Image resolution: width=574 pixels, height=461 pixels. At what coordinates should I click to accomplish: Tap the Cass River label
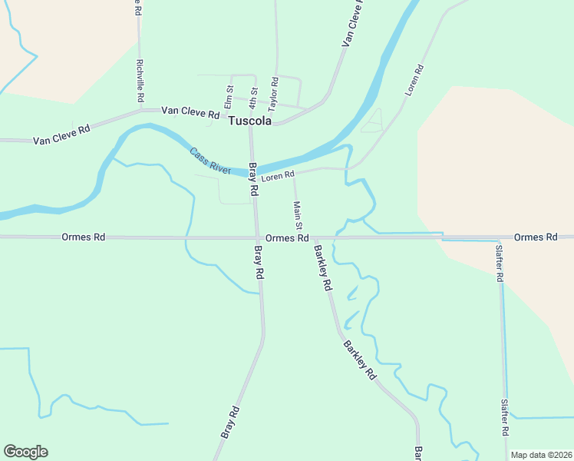coord(210,160)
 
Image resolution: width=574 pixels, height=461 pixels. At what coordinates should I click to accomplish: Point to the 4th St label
coord(253,97)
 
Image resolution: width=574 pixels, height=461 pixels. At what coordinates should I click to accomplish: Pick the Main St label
coord(298,214)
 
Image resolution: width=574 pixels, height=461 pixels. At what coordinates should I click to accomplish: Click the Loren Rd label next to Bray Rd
coord(278,176)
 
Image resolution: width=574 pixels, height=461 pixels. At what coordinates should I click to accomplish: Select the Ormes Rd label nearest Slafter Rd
coord(535,237)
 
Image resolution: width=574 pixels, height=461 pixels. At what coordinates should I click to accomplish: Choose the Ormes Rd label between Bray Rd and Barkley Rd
coord(287,238)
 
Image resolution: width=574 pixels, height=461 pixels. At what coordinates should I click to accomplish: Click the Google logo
coord(25,452)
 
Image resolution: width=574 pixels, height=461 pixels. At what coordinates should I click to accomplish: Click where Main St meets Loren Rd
coord(295,172)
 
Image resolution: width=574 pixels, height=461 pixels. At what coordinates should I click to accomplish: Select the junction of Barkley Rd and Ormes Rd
coord(312,238)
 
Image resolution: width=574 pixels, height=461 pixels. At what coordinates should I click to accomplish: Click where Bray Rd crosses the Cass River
coord(252,170)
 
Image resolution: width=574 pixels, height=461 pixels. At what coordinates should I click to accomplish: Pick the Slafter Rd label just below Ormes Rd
coord(500,263)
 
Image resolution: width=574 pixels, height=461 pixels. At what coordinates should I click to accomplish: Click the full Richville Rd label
coord(140,81)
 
